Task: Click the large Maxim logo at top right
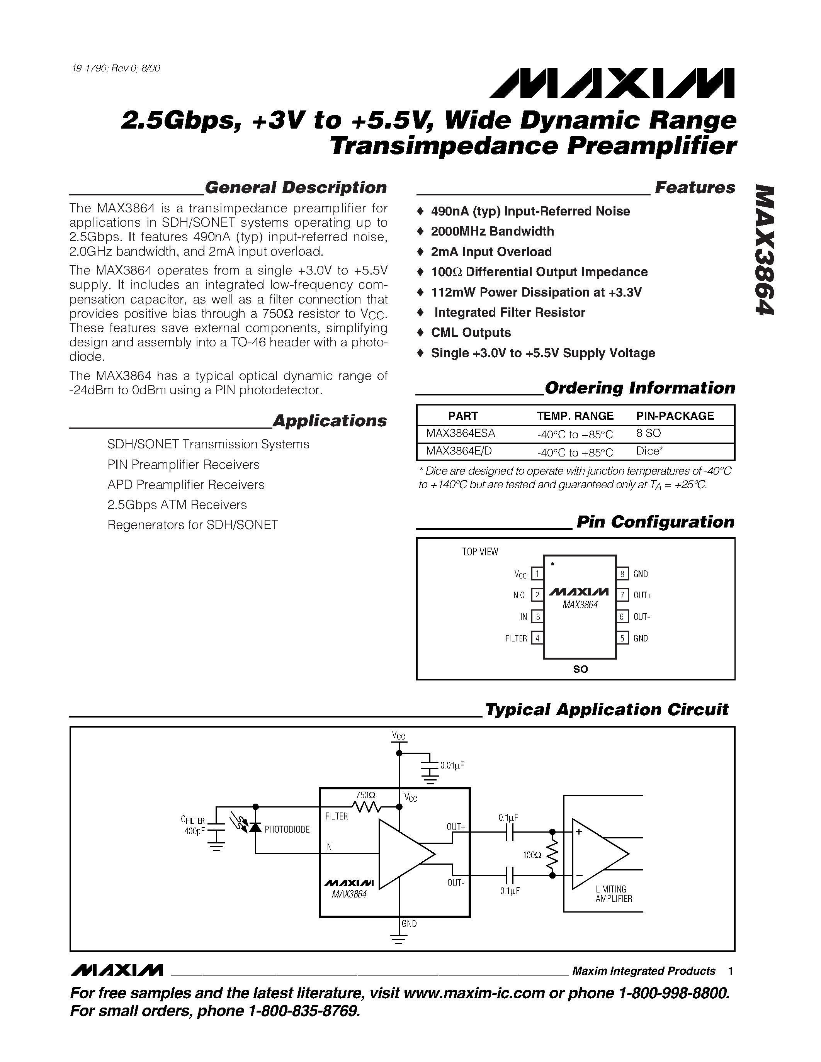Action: coord(612,83)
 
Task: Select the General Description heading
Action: coord(295,188)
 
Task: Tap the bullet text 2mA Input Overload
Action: coord(491,252)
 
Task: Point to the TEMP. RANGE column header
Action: coord(575,416)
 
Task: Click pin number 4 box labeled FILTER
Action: coord(537,638)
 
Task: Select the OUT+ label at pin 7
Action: coord(641,595)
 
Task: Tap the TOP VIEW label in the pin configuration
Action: coord(479,551)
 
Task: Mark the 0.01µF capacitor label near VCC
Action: coord(452,765)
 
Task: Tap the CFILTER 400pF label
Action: coord(194,826)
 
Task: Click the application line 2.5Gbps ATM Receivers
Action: coord(177,505)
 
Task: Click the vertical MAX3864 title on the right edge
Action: coord(764,250)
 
